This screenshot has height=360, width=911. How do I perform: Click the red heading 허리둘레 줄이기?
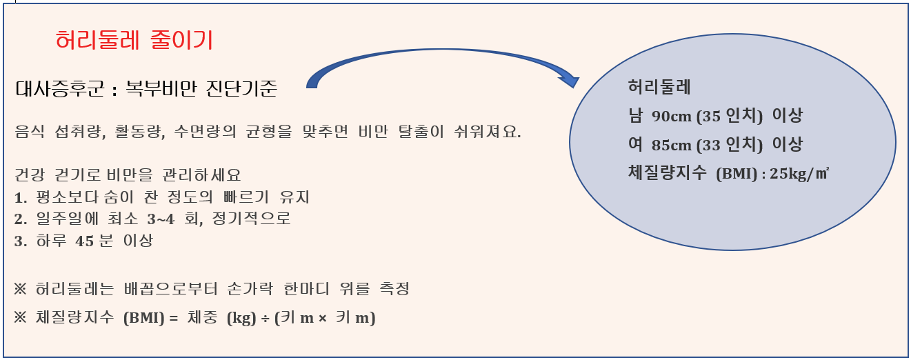click(134, 41)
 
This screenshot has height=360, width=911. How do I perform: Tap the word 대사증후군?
click(57, 89)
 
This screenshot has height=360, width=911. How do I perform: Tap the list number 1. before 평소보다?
click(20, 198)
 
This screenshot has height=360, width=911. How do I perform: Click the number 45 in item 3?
click(85, 241)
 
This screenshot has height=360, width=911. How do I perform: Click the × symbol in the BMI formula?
click(321, 319)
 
